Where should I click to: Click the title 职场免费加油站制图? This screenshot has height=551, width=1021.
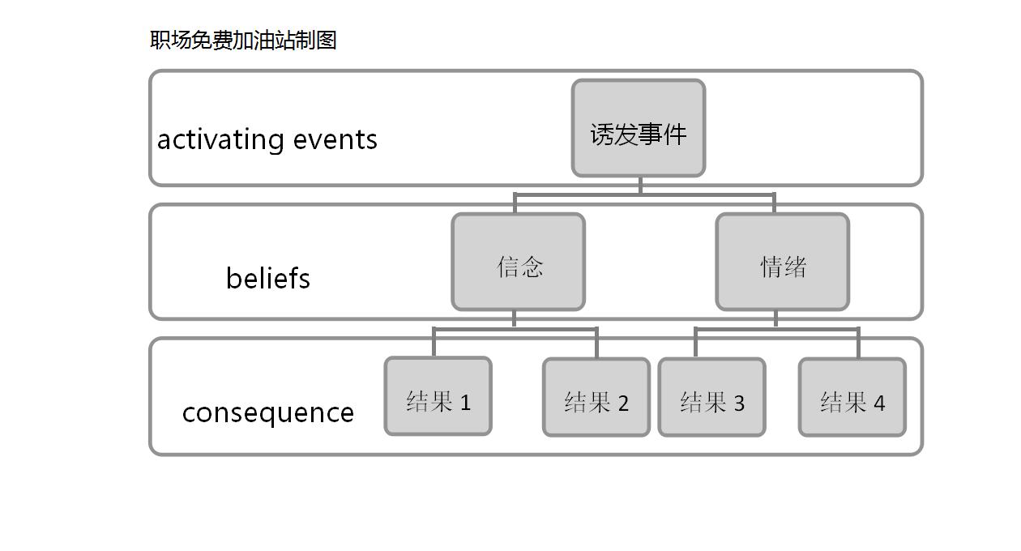[x=243, y=40]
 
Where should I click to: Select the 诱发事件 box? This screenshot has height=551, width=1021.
[x=639, y=128]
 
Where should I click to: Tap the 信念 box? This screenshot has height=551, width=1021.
[x=518, y=262]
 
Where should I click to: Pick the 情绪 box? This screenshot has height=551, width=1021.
[x=783, y=262]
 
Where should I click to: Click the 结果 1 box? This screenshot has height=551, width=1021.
[x=438, y=396]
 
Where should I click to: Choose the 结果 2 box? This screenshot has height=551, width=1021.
[x=596, y=397]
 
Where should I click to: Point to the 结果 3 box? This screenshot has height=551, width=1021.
[x=711, y=397]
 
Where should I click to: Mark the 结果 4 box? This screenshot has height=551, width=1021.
[x=852, y=397]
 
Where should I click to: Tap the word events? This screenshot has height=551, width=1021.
[x=335, y=139]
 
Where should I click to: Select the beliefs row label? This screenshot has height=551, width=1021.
[x=267, y=279]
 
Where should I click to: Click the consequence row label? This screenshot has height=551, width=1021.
[x=267, y=412]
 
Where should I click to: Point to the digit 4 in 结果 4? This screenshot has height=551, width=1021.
[x=879, y=403]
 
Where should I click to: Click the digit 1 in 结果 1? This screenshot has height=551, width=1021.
[x=465, y=402]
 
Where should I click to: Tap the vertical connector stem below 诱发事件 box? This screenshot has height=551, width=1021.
[x=640, y=186]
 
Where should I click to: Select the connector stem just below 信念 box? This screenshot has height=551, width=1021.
[x=514, y=318]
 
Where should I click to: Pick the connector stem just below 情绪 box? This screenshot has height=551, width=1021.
[x=776, y=318]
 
